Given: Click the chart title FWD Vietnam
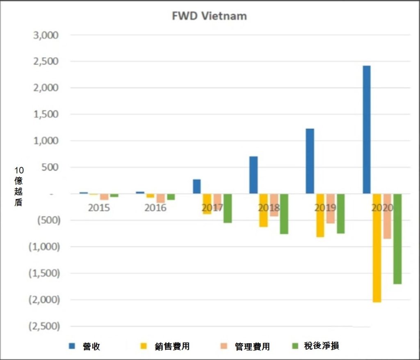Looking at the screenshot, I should tap(209, 16).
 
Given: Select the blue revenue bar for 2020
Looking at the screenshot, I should tap(366, 129).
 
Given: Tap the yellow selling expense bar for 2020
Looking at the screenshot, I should tap(377, 248).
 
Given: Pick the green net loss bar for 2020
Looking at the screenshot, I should tap(397, 239).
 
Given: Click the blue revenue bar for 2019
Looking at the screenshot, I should tap(310, 161).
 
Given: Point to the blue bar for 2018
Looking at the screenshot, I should tap(253, 175).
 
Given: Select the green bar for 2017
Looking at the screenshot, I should tap(227, 209).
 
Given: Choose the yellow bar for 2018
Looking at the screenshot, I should tap(263, 210).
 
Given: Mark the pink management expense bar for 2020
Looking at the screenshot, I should tap(387, 216).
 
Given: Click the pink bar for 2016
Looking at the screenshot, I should tap(160, 198).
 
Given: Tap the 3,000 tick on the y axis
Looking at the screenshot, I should tap(46, 35).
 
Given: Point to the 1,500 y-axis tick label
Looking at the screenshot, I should tap(46, 114).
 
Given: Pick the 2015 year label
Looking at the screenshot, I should tap(99, 208).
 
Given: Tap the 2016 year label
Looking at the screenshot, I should tap(155, 208).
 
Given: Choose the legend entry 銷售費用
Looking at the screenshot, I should tap(172, 346).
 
